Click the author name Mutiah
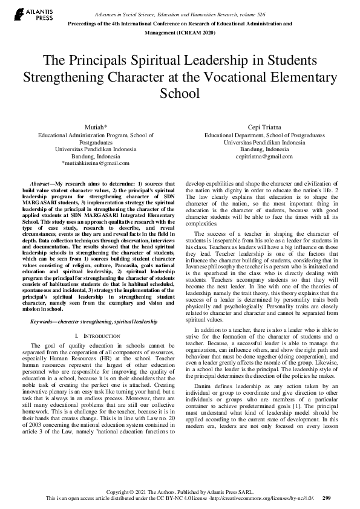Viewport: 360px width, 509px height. [95, 128]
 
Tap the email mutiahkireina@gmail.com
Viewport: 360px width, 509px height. [96, 163]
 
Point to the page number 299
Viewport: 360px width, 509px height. [327, 498]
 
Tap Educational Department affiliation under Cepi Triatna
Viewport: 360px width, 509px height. [234, 135]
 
